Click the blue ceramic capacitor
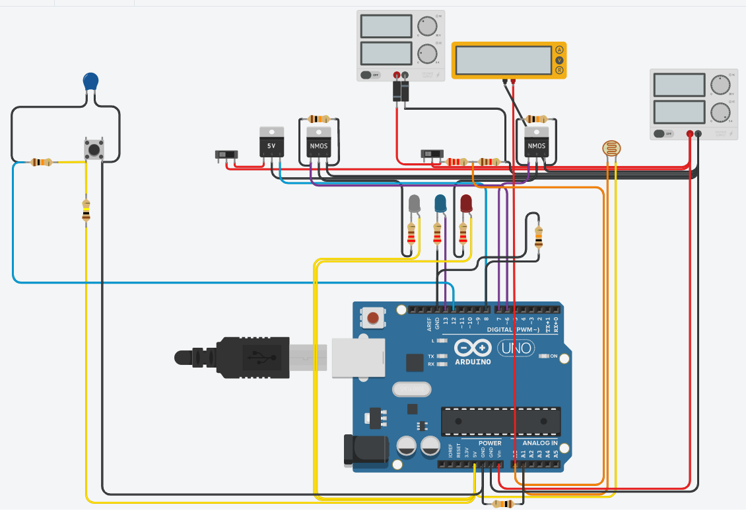91,82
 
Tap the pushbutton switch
94,149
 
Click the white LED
415,204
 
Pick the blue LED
440,204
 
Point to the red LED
466,203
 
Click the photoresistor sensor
611,149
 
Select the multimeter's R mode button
559,70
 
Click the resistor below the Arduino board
505,504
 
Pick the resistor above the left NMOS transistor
319,120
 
